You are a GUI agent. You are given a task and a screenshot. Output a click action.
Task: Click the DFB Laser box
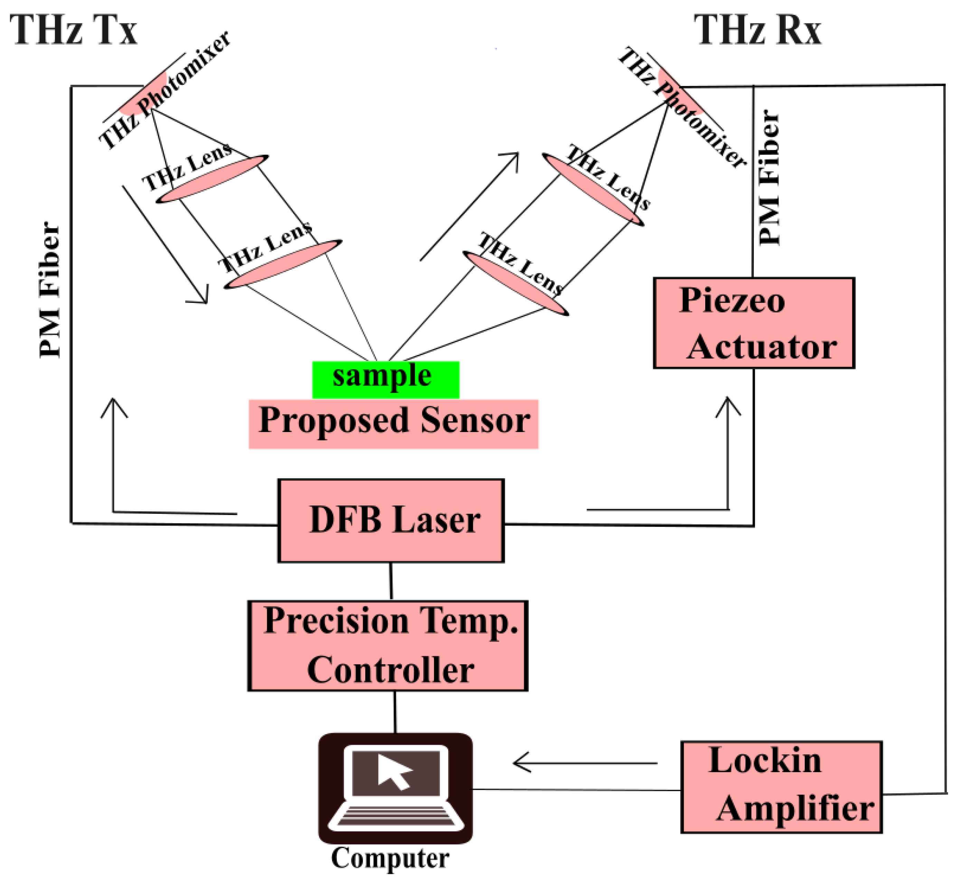coord(391,521)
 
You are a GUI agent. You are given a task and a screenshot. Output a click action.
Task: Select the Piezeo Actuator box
coord(753,324)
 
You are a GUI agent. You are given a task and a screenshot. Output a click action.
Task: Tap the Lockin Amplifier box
coord(781,787)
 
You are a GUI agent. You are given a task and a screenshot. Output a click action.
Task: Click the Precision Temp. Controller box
coord(388,646)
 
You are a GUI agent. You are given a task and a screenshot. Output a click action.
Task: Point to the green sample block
coord(385,380)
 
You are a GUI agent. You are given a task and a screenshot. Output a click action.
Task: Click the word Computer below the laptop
coord(390,858)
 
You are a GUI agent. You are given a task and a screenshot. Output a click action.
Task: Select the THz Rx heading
coord(757,30)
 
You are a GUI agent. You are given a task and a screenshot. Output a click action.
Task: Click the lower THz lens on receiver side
coord(516,283)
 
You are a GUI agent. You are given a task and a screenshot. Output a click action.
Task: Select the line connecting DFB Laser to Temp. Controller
coord(391,581)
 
